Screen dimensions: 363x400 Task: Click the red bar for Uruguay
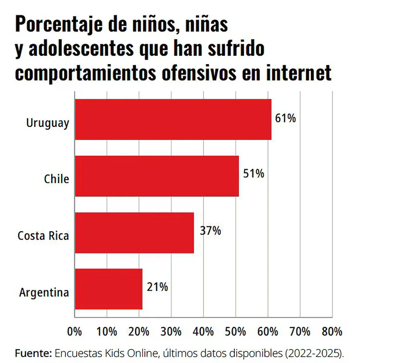pos(173,120)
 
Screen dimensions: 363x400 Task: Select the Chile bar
pos(157,176)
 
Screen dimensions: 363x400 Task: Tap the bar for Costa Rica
pos(134,233)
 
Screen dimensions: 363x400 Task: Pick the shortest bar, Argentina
pos(108,289)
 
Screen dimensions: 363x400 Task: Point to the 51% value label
pos(254,174)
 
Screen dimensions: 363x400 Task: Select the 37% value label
pos(210,231)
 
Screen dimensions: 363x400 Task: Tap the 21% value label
pos(157,287)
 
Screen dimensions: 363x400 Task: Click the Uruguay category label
pos(48,123)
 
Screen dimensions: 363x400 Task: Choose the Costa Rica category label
pos(43,236)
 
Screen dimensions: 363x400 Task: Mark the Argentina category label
pos(44,292)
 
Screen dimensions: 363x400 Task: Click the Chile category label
pos(56,179)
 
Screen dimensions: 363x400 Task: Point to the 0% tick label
pos(75,332)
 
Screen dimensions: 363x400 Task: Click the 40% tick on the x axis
pos(203,332)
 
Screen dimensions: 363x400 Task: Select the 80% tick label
pos(332,332)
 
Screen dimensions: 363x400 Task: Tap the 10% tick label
pos(107,332)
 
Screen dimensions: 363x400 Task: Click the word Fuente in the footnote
pos(33,353)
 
